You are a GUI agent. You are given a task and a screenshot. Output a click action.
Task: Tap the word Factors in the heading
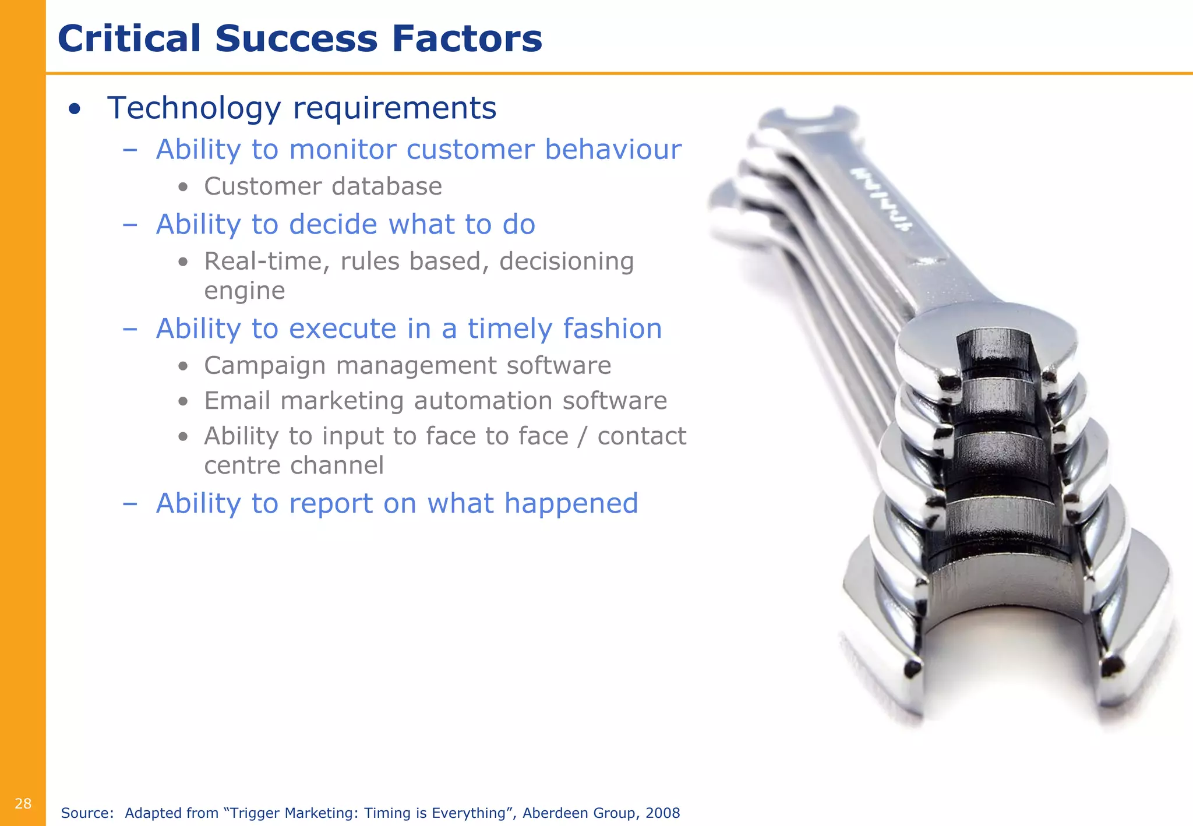tap(467, 39)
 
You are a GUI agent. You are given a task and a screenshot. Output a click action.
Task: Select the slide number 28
tap(23, 804)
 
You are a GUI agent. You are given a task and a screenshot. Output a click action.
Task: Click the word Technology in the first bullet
tap(194, 108)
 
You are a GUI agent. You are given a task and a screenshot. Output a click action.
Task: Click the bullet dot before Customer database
tap(183, 188)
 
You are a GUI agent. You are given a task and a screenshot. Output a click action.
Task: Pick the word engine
tap(245, 291)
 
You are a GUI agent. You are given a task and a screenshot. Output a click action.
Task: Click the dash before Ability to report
tap(130, 504)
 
